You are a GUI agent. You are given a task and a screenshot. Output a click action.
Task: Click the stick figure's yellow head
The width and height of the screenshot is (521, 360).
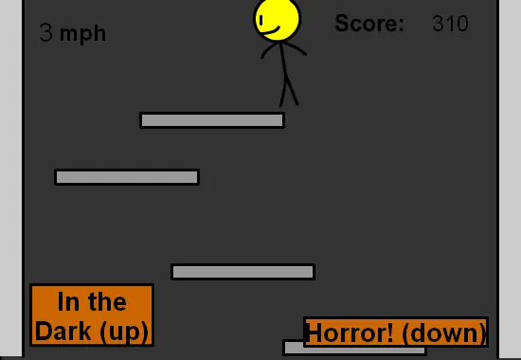click(x=277, y=19)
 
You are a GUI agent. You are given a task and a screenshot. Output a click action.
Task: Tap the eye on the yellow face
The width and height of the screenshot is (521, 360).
click(x=261, y=20)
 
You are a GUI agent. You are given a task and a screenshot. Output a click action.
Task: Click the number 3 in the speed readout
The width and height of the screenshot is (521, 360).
click(x=45, y=32)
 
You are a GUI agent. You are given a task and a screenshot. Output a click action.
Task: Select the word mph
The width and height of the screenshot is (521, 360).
click(x=82, y=34)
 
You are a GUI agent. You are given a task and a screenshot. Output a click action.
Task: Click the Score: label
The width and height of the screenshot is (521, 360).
click(x=369, y=23)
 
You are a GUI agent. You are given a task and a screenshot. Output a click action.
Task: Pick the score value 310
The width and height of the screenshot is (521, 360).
click(x=451, y=24)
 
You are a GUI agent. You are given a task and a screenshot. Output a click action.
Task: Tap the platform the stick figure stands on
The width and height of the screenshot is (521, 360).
click(x=212, y=120)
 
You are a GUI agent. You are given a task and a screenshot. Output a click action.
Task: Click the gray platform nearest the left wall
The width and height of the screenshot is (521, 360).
click(x=127, y=177)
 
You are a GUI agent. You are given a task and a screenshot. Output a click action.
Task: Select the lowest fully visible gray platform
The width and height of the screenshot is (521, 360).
click(x=243, y=272)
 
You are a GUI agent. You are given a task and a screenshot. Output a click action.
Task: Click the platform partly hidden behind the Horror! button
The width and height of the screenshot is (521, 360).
click(x=354, y=350)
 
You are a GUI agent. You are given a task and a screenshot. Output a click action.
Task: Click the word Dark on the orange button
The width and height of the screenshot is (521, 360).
click(x=63, y=331)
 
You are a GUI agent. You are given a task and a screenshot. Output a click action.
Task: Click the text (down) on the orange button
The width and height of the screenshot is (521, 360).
click(x=443, y=333)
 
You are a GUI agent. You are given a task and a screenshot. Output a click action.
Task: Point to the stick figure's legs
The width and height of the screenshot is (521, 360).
click(x=288, y=91)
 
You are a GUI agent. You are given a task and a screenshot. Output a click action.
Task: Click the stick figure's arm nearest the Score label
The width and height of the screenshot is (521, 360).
click(x=295, y=48)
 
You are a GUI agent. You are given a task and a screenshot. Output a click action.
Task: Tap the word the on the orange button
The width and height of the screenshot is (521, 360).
click(x=107, y=301)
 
